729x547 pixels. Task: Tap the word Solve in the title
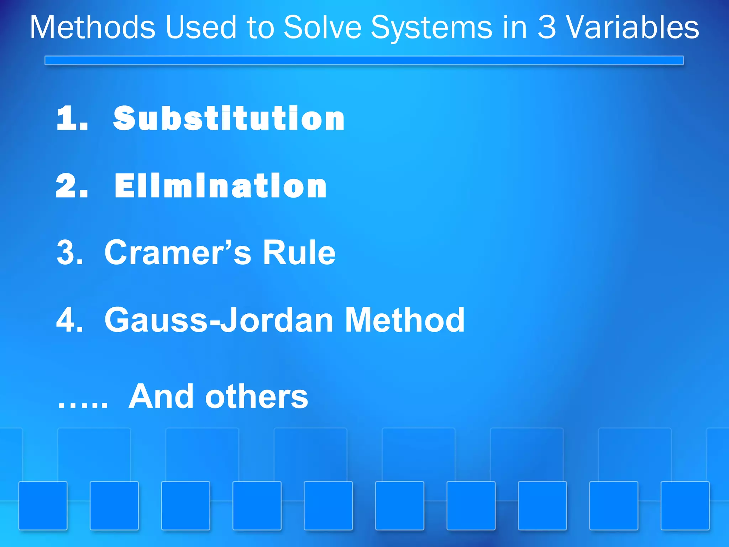point(322,27)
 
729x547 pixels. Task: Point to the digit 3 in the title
point(546,27)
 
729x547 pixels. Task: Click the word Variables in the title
point(633,27)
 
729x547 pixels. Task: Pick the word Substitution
point(229,118)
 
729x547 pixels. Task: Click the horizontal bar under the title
point(364,61)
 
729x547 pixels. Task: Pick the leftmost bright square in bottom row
point(43,506)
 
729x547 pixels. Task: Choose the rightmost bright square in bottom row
point(685,506)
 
